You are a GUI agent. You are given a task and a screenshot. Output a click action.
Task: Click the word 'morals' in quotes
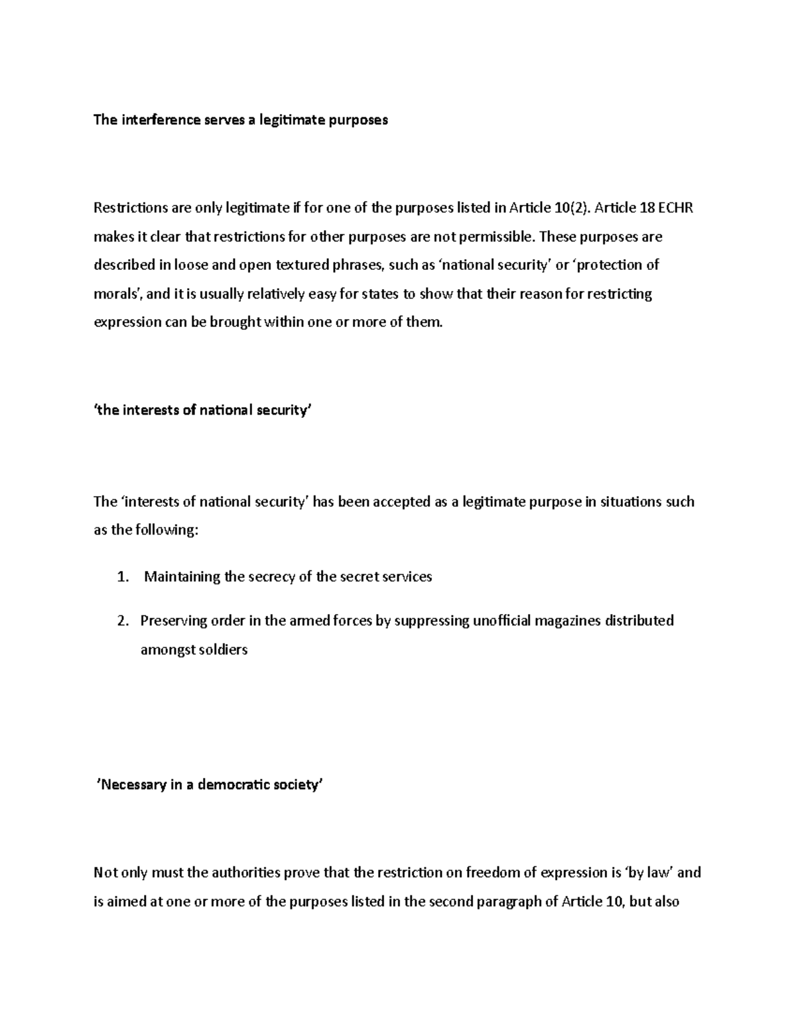coord(117,294)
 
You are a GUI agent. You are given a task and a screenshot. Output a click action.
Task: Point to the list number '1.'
coord(122,577)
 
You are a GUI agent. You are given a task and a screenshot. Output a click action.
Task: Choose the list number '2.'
coord(122,621)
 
